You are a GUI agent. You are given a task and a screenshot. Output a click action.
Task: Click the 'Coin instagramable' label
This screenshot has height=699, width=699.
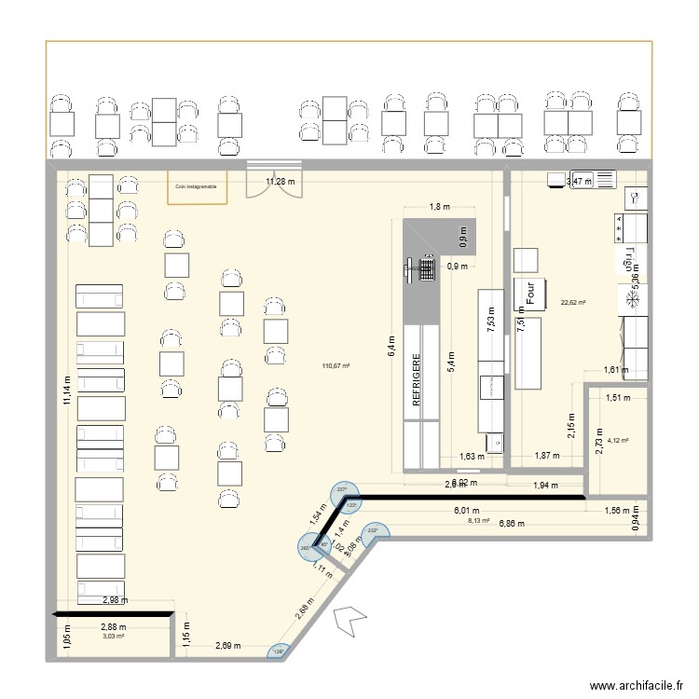tap(196, 186)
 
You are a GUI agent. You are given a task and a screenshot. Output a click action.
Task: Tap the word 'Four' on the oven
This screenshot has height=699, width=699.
tap(529, 295)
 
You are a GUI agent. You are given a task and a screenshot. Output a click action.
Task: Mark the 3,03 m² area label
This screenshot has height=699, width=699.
tap(114, 637)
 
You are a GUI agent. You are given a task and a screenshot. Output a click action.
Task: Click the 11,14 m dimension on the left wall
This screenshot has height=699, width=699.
tap(66, 384)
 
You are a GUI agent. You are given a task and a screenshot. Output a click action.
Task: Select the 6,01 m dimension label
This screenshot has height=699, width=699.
tap(466, 512)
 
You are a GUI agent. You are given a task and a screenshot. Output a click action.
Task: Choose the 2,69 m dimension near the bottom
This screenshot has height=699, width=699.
tap(228, 645)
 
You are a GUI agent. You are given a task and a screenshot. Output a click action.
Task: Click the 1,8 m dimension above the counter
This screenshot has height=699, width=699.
tap(439, 208)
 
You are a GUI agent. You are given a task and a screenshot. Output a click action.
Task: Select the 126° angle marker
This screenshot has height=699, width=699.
tap(280, 653)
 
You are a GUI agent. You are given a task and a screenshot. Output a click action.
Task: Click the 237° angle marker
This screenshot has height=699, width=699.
tap(341, 490)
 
